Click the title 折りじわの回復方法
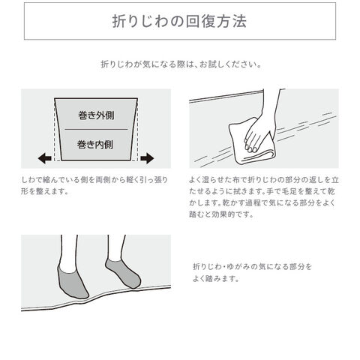(x=179, y=21)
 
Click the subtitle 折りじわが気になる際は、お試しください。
(x=181, y=64)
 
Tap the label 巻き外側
(x=96, y=115)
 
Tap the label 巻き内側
(x=95, y=145)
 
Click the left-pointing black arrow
(x=45, y=158)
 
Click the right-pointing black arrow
(x=147, y=158)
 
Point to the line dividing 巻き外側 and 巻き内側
(x=96, y=129)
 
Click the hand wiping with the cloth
(x=264, y=125)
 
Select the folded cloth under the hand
(x=250, y=142)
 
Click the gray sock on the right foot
(x=123, y=273)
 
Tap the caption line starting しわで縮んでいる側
(x=94, y=180)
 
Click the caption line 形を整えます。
(x=44, y=191)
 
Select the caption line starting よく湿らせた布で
(x=264, y=180)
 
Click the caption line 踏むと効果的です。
(x=221, y=214)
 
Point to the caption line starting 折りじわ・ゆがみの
(x=253, y=266)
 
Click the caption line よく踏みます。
(x=216, y=278)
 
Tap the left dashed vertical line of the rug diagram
(x=54, y=130)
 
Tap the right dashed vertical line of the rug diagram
(x=138, y=130)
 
